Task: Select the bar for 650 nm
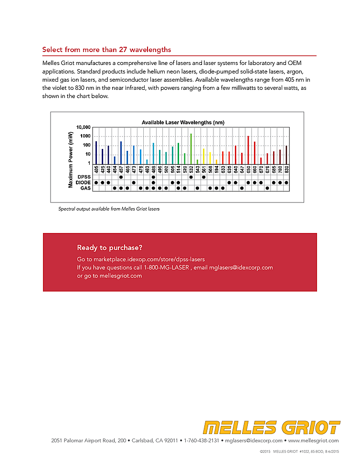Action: tap(248, 150)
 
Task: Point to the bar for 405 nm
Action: tap(96, 152)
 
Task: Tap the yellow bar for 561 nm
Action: tap(204, 156)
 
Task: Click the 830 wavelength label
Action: tap(286, 169)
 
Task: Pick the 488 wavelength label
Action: tap(153, 169)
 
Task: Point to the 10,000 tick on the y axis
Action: tap(84, 127)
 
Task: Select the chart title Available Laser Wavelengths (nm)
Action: tap(183, 123)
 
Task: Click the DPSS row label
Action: tap(84, 177)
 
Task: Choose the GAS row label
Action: tap(85, 188)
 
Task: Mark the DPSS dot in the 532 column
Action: tap(191, 177)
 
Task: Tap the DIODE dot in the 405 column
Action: tap(96, 182)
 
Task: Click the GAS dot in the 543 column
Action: tap(197, 188)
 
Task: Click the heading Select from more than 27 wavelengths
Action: tap(106, 50)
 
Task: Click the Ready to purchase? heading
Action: tap(109, 247)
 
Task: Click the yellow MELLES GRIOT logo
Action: tap(271, 427)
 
